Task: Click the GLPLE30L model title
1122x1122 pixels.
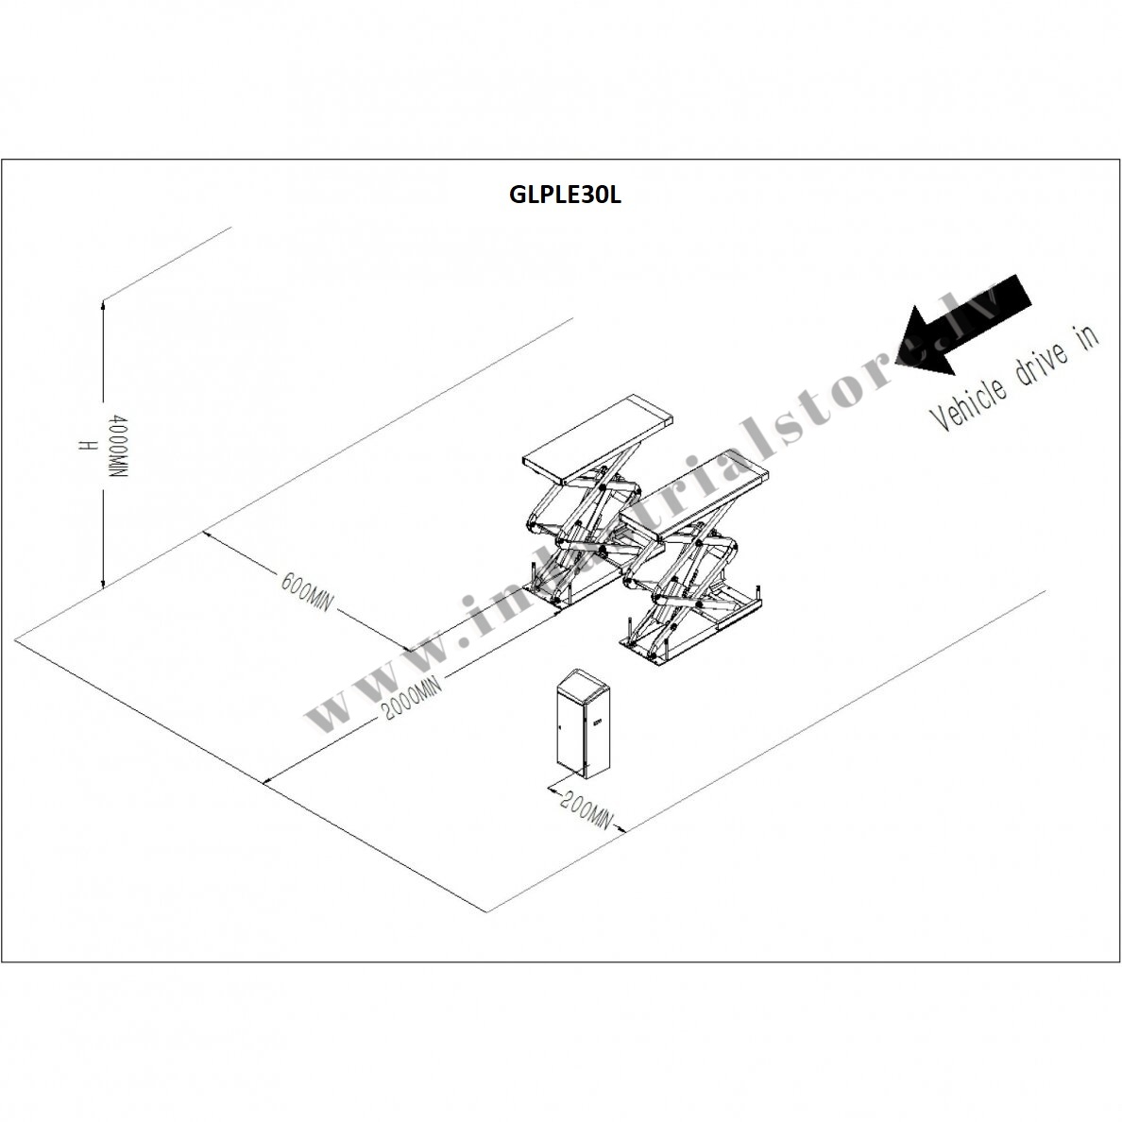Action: point(565,195)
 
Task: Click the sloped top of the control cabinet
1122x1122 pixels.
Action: point(583,680)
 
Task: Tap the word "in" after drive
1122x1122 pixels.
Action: point(1086,336)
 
